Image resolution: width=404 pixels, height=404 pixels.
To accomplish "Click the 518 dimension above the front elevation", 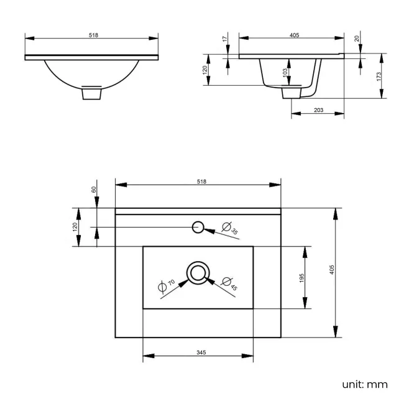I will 93,35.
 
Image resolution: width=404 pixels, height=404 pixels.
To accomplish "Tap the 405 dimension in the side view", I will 295,35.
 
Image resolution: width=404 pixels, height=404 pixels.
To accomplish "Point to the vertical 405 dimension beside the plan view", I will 333,269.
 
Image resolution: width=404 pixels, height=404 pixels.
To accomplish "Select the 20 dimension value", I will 357,39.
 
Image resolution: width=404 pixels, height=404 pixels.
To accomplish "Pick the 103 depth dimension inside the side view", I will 285,72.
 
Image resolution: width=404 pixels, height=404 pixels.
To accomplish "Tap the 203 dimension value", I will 318,110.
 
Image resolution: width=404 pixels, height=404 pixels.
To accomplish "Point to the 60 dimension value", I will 94,190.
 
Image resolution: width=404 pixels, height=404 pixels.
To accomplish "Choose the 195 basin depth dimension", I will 301,277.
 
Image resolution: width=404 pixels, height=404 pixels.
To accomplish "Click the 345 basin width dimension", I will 201,352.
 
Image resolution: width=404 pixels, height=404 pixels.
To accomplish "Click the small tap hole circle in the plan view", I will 198,227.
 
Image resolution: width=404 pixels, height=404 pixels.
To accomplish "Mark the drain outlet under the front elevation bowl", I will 92,93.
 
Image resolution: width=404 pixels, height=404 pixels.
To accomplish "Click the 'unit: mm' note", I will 365,384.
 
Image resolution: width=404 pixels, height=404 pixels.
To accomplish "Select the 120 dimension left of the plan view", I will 75,227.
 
